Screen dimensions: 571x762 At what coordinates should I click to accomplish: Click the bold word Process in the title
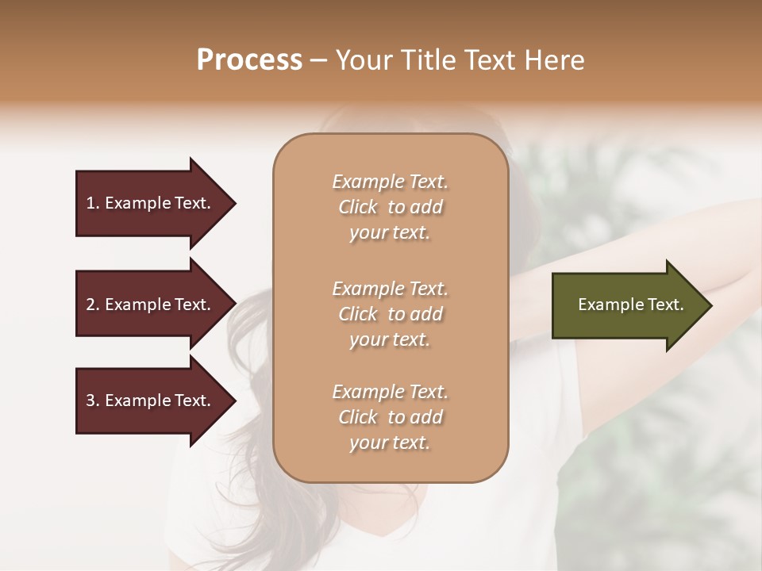(x=249, y=60)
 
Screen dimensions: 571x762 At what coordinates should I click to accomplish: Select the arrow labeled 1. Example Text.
(x=151, y=203)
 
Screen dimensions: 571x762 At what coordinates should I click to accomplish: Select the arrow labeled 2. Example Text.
(x=151, y=305)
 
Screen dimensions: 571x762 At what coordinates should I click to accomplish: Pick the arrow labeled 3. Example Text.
(x=151, y=400)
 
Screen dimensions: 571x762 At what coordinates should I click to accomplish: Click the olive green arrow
(x=627, y=305)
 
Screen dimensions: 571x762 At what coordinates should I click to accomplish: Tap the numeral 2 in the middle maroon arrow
(x=90, y=305)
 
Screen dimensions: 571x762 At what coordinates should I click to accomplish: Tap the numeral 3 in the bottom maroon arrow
(x=90, y=400)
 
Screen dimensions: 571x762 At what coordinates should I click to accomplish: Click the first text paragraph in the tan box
(x=390, y=207)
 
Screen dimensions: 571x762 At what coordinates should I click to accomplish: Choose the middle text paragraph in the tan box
(x=390, y=313)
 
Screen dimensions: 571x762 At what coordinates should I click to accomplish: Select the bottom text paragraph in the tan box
(x=390, y=417)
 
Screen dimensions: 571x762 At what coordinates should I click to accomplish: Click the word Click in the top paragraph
(x=358, y=207)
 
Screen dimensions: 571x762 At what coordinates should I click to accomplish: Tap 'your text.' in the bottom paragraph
(x=390, y=443)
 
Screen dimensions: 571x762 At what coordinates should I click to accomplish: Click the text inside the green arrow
(x=630, y=305)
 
